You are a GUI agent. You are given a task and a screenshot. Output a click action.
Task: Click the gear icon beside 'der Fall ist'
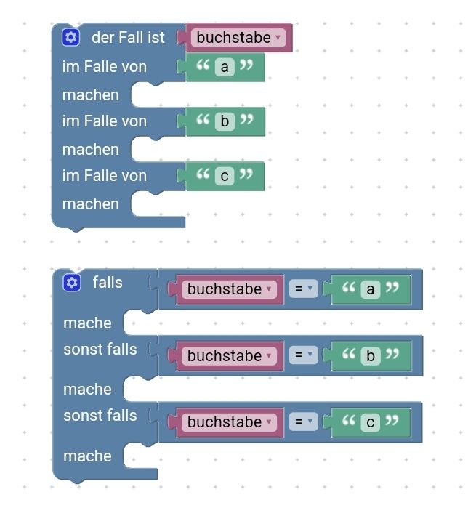coord(70,37)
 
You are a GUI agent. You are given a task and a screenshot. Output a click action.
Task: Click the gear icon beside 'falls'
coord(72,283)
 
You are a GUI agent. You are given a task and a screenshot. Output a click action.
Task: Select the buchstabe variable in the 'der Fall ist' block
coord(238,38)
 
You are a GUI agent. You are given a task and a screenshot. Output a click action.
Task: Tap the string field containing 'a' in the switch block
coord(225,67)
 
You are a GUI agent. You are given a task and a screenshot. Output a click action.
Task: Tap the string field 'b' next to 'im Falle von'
coord(225,121)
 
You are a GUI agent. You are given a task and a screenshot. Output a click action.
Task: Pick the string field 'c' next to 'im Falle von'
coord(225,176)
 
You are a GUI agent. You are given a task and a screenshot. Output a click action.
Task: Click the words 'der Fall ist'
coord(128,37)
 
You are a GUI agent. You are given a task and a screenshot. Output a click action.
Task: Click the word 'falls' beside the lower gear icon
coord(108,282)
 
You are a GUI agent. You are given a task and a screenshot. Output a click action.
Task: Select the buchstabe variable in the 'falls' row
coord(229,289)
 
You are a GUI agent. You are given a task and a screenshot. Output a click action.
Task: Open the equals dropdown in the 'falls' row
coord(303,289)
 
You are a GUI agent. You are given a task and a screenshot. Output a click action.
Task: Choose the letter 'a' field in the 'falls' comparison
coord(371,289)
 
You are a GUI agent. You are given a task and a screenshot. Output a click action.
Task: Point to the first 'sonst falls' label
coord(100,350)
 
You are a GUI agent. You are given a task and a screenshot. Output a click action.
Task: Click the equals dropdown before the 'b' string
coord(303,355)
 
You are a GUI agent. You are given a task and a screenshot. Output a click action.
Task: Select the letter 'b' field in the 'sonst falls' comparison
coord(371,356)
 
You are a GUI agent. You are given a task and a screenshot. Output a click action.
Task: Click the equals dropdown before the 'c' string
coord(303,422)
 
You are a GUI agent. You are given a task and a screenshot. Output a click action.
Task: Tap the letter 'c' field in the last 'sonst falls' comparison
coord(371,422)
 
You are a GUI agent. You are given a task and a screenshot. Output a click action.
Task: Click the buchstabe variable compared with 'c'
coord(229,422)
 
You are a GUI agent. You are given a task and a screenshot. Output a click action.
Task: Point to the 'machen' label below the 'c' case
coord(91,204)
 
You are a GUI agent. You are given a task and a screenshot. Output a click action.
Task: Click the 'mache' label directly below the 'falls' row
coord(87,323)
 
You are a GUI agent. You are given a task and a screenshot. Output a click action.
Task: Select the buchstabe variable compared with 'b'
coord(229,356)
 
